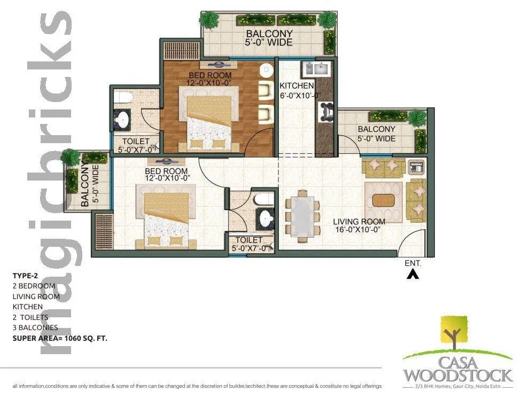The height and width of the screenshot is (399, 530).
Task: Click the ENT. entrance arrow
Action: [412, 275]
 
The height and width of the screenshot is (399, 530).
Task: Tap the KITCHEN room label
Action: [297, 85]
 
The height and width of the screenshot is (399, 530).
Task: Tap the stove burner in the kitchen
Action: [324, 111]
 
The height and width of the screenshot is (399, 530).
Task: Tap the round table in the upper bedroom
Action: [266, 70]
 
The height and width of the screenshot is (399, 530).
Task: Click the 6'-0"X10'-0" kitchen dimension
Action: [300, 96]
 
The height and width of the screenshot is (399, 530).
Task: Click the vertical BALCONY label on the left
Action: [85, 186]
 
